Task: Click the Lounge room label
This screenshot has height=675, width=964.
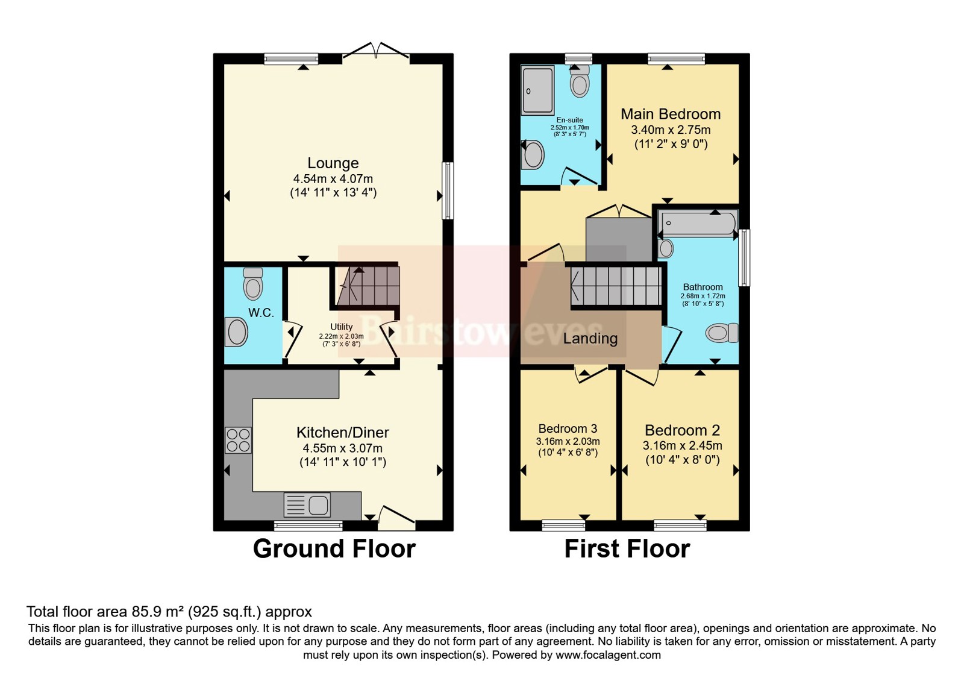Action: click(333, 163)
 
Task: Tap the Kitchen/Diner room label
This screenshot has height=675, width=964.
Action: click(343, 432)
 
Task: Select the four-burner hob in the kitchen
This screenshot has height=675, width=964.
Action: click(239, 440)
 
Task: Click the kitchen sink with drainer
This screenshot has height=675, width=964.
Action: click(307, 505)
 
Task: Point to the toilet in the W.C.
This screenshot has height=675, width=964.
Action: click(253, 283)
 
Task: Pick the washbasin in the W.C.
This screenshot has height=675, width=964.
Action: click(236, 332)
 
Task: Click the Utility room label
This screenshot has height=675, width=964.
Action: click(341, 327)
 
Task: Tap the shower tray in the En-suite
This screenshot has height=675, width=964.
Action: click(537, 90)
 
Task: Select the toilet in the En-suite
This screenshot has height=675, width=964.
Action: click(580, 81)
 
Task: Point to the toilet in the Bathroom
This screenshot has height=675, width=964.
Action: click(722, 333)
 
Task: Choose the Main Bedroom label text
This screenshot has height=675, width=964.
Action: click(671, 114)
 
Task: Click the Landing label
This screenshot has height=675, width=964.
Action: click(590, 339)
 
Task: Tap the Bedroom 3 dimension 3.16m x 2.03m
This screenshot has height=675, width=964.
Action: click(568, 441)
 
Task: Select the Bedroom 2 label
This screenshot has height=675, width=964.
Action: click(682, 430)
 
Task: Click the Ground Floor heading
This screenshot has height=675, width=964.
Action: click(334, 549)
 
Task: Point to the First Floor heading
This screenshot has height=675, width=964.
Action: click(627, 549)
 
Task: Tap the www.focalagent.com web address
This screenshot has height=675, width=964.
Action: click(608, 655)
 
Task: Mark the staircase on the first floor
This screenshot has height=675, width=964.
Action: click(616, 286)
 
